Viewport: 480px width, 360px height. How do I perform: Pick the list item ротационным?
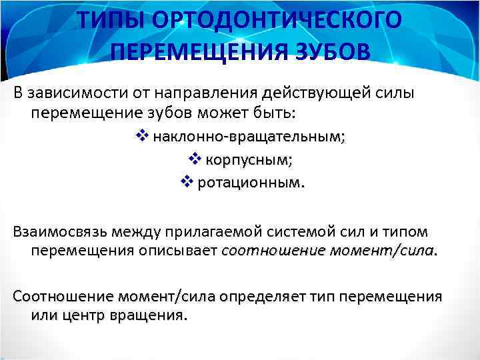(x=247, y=182)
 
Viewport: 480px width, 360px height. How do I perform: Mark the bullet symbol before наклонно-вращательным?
(x=141, y=137)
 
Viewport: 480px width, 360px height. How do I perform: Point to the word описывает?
(x=181, y=251)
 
